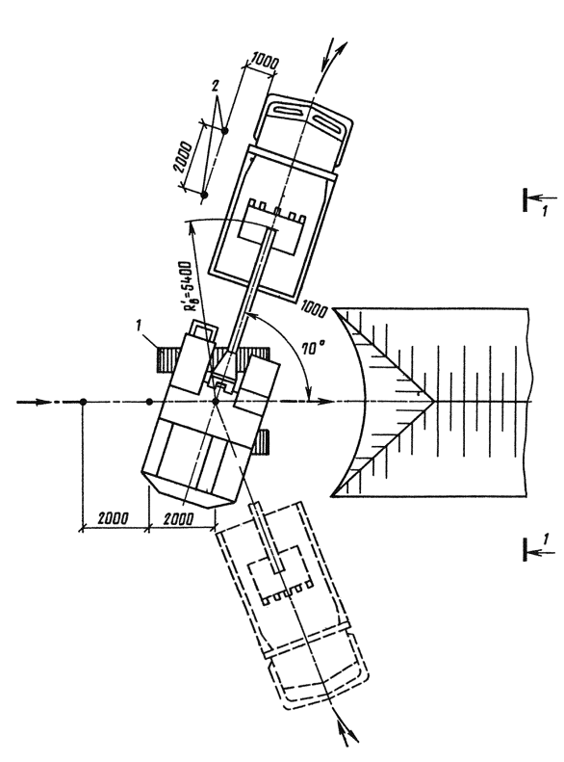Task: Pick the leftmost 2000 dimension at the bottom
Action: click(114, 517)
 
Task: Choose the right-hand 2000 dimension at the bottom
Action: click(178, 518)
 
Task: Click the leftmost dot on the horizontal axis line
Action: click(83, 402)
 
